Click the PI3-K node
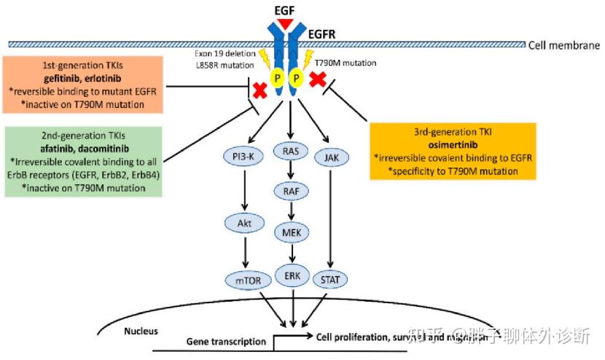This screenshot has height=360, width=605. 243,156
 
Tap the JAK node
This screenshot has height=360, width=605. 332,156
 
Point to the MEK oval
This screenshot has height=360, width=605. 292,232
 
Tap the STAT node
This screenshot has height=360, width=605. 332,280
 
